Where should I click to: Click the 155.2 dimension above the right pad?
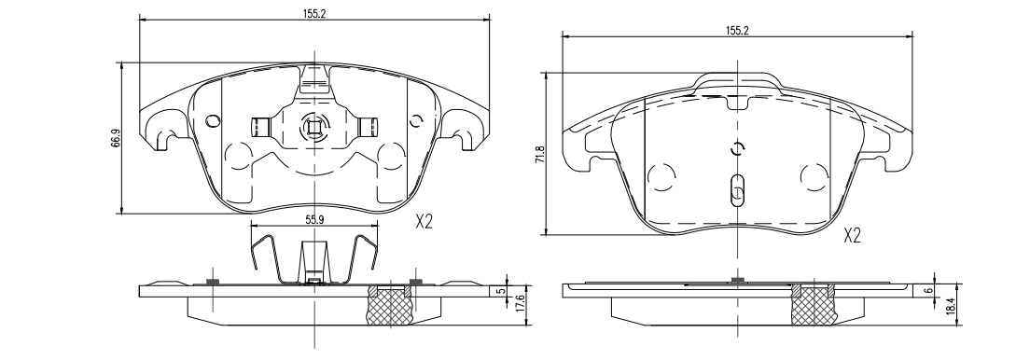(x=737, y=30)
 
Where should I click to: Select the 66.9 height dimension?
(x=116, y=139)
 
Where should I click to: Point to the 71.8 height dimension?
(x=540, y=155)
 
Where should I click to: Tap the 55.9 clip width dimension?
(x=314, y=221)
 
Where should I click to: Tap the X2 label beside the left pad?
(x=425, y=222)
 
